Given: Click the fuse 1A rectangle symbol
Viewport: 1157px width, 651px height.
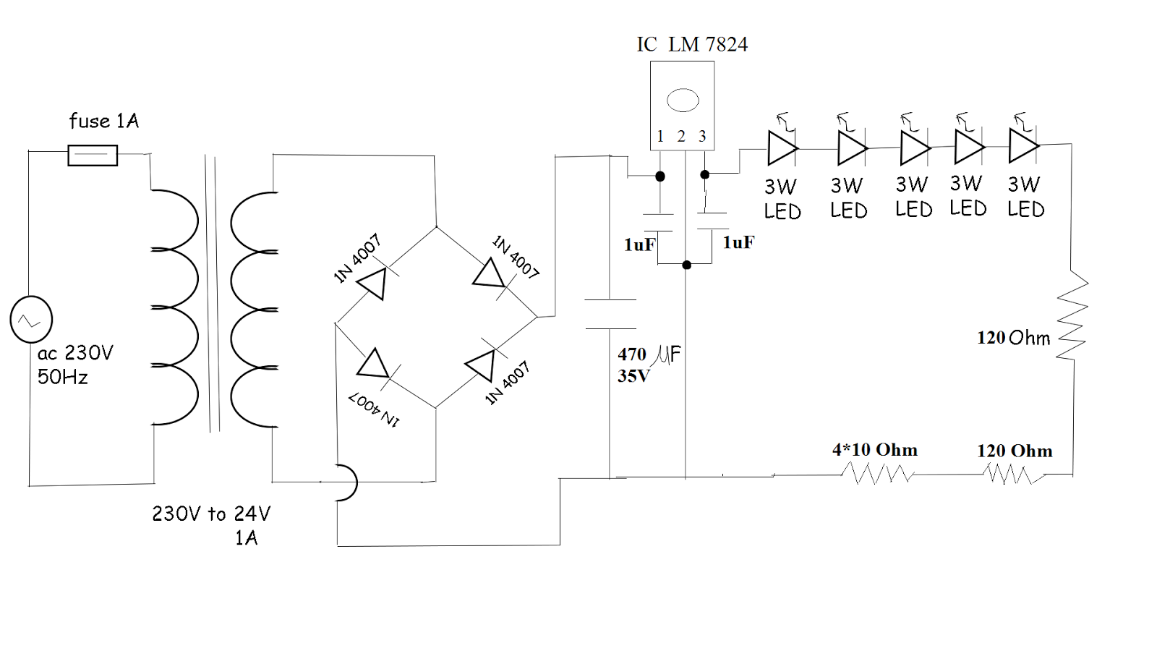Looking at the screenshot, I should (93, 156).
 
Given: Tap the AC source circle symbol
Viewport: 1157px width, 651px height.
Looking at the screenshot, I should (31, 320).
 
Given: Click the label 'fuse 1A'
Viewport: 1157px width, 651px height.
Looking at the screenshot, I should (103, 121).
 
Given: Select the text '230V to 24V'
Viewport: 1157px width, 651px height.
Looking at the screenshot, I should (211, 514).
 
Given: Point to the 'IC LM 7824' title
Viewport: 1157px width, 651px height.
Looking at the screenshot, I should (692, 45).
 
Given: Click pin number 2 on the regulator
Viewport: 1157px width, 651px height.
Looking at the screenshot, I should (681, 136).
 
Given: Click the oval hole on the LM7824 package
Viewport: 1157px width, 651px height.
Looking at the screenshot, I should (683, 100).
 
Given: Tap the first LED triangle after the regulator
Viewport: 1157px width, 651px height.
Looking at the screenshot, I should (782, 148).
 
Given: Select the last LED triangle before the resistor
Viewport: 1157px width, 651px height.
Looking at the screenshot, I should (1023, 145).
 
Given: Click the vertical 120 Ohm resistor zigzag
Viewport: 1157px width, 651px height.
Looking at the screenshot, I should (1073, 315).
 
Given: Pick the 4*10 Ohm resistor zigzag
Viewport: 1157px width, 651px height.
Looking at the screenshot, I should (877, 474).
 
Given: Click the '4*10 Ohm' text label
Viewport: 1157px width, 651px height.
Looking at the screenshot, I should (874, 450).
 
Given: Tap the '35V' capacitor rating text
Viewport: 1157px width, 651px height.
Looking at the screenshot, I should (633, 376).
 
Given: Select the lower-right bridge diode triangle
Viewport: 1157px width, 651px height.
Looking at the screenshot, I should (482, 365).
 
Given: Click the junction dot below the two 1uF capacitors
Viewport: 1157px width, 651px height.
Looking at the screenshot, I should (686, 265).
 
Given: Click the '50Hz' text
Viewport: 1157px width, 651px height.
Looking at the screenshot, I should (63, 377).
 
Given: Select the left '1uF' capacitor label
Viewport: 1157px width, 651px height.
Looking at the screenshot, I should (639, 244).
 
